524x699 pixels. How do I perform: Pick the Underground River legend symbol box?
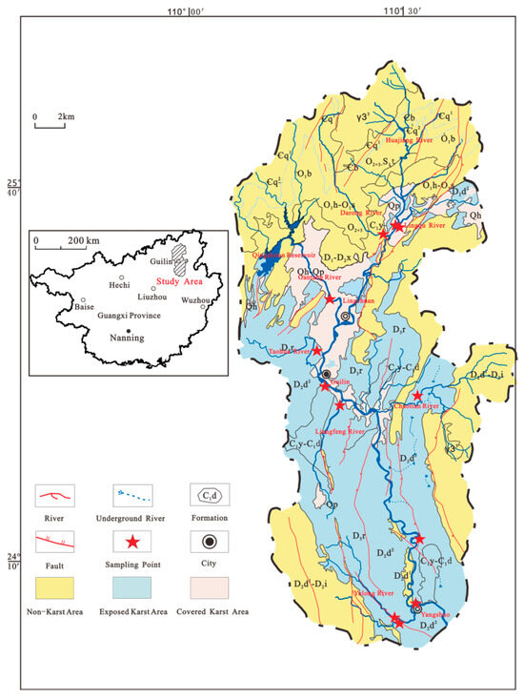click(133, 494)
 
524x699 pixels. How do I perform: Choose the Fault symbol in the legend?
click(56, 542)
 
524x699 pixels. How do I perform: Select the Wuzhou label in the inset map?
click(195, 299)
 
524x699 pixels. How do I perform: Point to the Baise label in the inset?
click(85, 307)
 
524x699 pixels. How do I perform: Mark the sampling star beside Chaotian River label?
click(417, 396)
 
